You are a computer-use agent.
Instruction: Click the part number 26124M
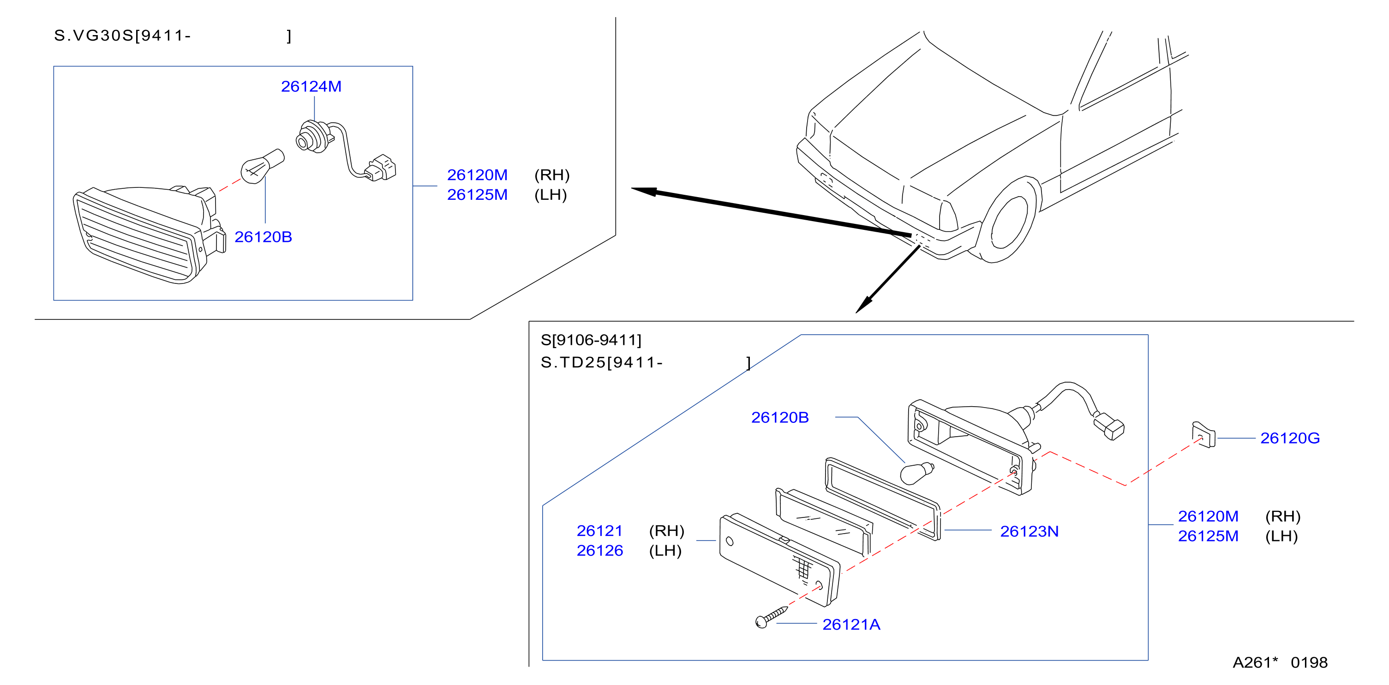[311, 86]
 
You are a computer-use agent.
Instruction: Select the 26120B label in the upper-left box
[263, 237]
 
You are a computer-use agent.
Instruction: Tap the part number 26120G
[1290, 438]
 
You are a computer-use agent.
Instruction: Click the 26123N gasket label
[1030, 531]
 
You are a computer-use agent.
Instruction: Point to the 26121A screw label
[851, 625]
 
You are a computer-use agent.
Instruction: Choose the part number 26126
[599, 551]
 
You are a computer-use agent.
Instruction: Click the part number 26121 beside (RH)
[599, 531]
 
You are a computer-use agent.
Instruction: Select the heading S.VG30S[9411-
[122, 36]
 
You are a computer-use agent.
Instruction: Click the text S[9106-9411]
[591, 340]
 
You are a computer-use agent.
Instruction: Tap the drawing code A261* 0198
[1280, 662]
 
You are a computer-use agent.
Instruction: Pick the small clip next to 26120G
[1203, 435]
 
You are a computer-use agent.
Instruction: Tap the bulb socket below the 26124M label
[313, 137]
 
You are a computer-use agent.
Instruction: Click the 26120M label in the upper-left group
[477, 175]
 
